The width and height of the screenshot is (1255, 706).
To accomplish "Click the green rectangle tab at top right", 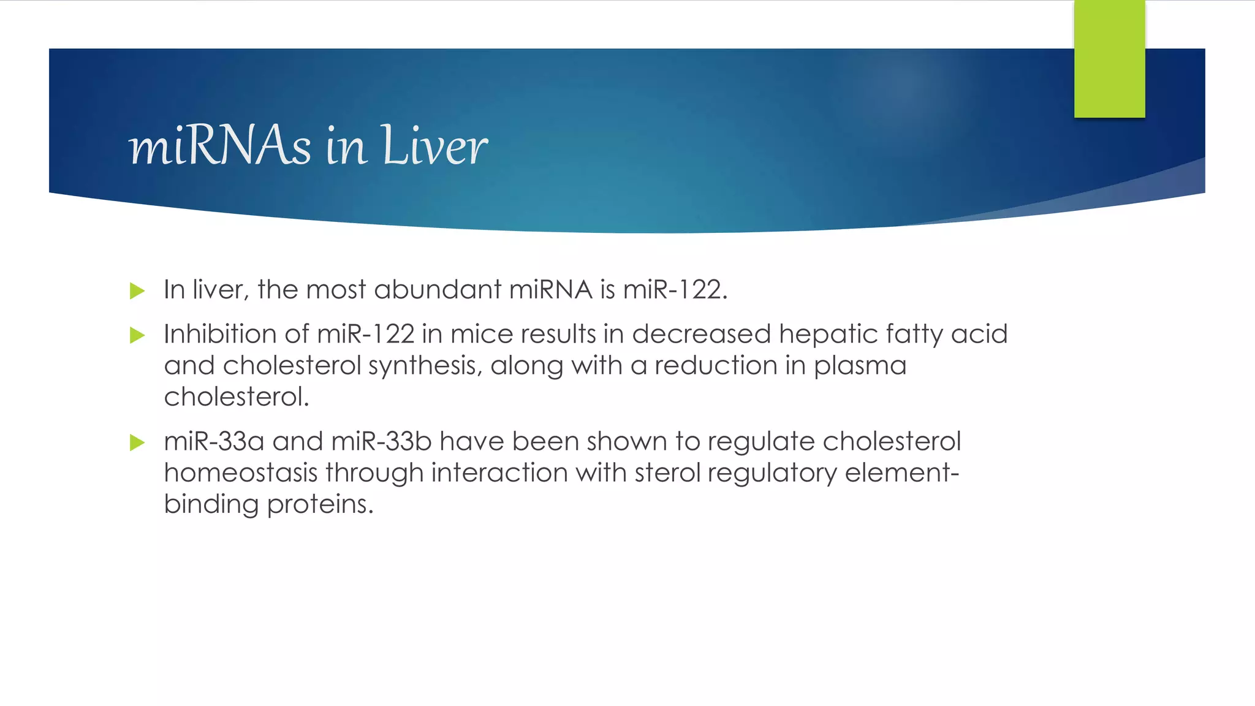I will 1109,59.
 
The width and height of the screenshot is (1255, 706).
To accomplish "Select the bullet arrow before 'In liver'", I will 137,290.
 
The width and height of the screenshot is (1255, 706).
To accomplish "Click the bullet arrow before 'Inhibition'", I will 137,335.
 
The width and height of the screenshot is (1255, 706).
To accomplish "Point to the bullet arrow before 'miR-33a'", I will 137,442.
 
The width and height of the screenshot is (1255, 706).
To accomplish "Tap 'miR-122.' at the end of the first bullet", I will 675,289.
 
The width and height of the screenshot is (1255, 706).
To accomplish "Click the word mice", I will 482,334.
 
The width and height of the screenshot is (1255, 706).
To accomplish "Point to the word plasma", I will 860,366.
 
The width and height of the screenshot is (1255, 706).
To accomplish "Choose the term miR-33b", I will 381,441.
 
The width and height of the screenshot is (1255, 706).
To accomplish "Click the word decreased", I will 701,334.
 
